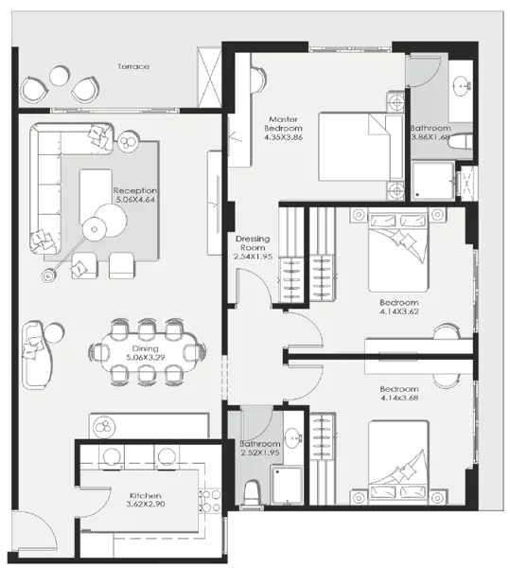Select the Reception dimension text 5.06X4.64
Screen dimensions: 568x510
click(134, 200)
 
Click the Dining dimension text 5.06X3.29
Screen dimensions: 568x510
click(145, 359)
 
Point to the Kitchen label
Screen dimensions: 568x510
click(147, 495)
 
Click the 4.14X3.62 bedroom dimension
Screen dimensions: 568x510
click(398, 311)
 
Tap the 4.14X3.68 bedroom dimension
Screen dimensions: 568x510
click(398, 400)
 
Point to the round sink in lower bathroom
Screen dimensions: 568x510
click(294, 438)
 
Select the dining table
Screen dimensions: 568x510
click(148, 352)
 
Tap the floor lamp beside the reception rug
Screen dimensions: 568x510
click(48, 275)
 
